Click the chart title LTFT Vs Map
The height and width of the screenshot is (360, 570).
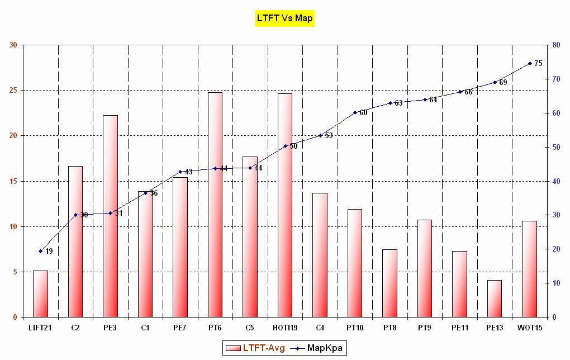284,18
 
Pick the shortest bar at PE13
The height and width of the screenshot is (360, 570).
495,299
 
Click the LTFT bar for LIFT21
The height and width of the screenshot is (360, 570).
40,294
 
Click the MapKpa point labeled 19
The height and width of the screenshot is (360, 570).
40,251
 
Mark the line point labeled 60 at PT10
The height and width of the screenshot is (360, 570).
355,112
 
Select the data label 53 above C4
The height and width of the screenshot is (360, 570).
329,135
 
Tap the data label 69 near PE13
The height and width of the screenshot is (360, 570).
503,83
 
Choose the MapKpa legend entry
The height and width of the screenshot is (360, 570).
319,348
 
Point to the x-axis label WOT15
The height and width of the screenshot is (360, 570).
529,327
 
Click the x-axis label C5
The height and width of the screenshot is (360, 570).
250,327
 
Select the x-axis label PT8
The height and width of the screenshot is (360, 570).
389,327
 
